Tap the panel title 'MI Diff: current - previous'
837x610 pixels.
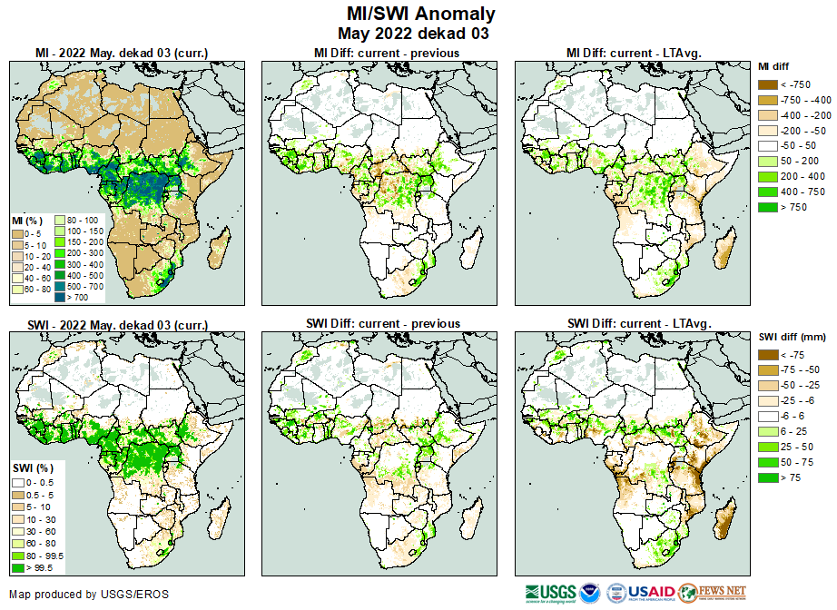(386, 53)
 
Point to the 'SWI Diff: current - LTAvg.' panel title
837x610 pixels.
(638, 323)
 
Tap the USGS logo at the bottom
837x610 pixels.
(549, 592)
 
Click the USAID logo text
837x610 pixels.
(651, 592)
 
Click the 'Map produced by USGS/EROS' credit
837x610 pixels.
(89, 595)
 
